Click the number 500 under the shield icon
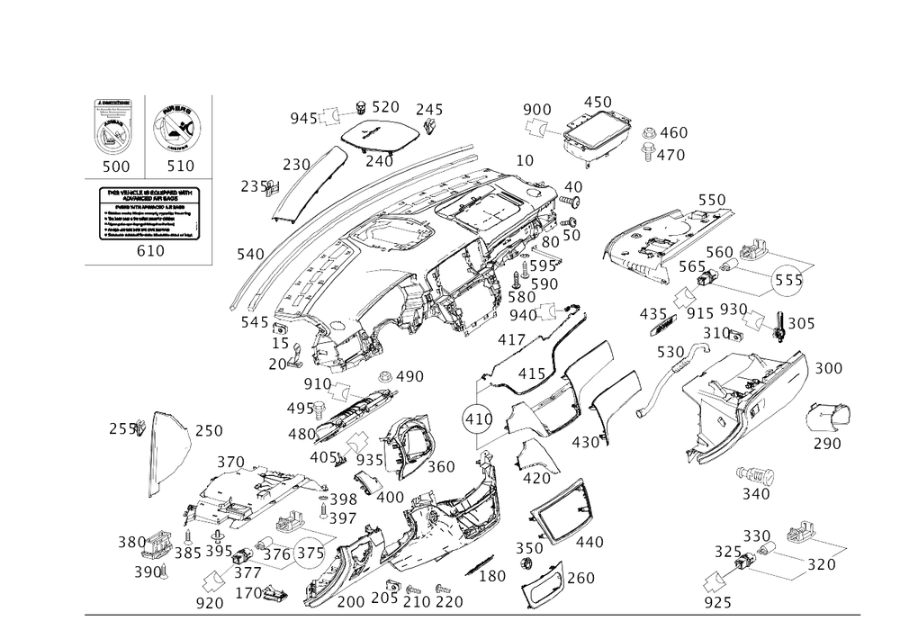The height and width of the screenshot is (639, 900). [115, 166]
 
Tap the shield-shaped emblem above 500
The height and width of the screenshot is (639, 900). [115, 128]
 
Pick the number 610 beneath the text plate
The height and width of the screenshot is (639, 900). [150, 253]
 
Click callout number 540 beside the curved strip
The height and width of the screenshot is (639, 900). [249, 255]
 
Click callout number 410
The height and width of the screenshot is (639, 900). [589, 542]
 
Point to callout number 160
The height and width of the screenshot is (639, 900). [583, 577]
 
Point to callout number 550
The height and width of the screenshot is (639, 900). [711, 196]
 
